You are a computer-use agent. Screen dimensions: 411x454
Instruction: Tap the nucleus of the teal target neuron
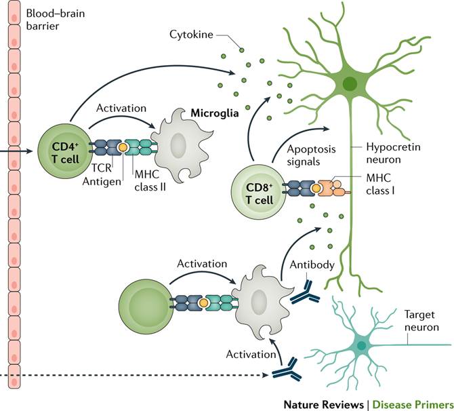(361, 345)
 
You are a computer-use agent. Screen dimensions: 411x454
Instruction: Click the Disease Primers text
(414, 400)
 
